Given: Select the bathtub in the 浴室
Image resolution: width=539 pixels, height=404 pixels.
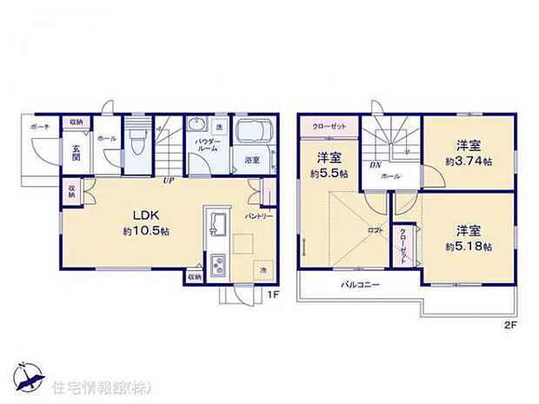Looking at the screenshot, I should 250,135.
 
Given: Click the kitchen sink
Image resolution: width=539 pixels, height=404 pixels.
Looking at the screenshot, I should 218,224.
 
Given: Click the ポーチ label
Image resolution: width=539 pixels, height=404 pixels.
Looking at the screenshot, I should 40,127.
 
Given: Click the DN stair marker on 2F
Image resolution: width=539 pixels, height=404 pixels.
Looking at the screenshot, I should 375,165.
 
